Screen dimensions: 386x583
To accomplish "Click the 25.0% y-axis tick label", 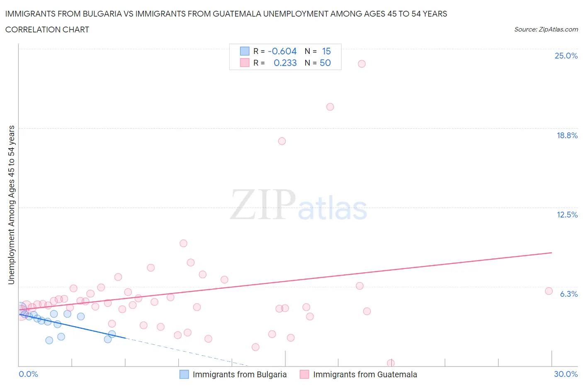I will pyautogui.click(x=566, y=56).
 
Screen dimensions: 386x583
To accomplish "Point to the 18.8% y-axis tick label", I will pyautogui.click(x=567, y=135).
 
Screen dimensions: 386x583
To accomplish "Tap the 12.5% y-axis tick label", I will pyautogui.click(x=567, y=215).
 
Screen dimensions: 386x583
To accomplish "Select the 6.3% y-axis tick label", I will pyautogui.click(x=568, y=294).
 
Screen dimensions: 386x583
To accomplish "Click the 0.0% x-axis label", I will pyautogui.click(x=28, y=374).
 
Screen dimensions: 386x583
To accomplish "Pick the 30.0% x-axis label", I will pyautogui.click(x=566, y=374).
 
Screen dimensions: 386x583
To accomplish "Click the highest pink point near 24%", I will pyautogui.click(x=362, y=64).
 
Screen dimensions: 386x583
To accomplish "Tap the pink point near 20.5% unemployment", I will pyautogui.click(x=330, y=107).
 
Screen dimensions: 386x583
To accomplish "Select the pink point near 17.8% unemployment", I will pyautogui.click(x=282, y=141).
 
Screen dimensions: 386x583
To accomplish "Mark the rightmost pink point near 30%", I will pyautogui.click(x=549, y=291).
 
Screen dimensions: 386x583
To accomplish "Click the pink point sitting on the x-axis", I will pyautogui.click(x=391, y=363).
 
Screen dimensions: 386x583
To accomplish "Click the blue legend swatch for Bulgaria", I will pyautogui.click(x=184, y=374).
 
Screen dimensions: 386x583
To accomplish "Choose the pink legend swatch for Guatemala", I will pyautogui.click(x=304, y=374).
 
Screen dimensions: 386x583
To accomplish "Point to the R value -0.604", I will pyautogui.click(x=282, y=51).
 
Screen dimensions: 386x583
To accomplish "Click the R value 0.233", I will pyautogui.click(x=285, y=63).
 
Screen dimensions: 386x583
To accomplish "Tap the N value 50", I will pyautogui.click(x=325, y=63).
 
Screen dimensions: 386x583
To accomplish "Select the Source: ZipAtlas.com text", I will pyautogui.click(x=546, y=29).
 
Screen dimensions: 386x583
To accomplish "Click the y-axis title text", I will pyautogui.click(x=12, y=205).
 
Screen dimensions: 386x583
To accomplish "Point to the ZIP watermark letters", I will pyautogui.click(x=263, y=204).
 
